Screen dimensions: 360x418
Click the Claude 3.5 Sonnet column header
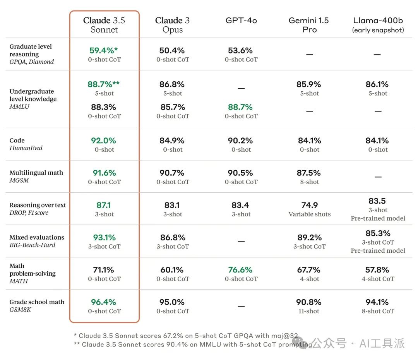104,25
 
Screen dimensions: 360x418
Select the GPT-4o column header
241,21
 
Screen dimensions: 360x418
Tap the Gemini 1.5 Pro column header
309,25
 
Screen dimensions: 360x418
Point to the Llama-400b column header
378,25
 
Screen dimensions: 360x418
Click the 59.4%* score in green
103,50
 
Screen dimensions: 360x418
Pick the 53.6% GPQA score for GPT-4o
241,50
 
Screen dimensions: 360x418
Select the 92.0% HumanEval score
104,141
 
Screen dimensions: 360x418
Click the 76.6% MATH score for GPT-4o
240,270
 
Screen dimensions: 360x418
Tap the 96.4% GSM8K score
104,302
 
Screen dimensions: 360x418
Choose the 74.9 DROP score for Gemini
310,205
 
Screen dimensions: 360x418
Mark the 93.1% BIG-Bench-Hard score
104,237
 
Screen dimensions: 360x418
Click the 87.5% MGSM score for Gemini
309,173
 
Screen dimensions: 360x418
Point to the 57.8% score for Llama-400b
378,270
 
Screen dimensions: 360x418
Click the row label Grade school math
37,302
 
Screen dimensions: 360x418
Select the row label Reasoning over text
38,205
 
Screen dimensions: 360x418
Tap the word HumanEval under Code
26,148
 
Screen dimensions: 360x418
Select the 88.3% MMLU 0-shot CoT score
104,107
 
